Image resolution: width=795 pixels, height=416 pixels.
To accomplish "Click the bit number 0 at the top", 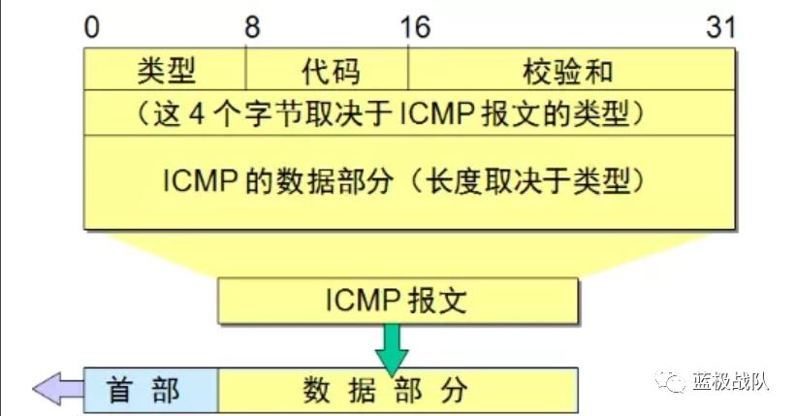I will pos(91,27).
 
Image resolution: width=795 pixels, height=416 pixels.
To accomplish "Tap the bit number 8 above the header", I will pos(251,27).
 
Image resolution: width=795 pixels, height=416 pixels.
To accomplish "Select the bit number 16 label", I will pos(414,27).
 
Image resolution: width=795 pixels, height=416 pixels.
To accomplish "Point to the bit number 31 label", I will pos(720,27).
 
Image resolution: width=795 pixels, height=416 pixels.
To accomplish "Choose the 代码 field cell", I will pos(327,71).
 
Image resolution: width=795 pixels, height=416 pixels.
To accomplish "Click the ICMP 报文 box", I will pos(398,301).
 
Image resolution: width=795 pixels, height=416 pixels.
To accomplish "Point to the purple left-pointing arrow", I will pos(57,390).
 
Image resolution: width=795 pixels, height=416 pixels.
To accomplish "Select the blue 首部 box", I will pos(150,390).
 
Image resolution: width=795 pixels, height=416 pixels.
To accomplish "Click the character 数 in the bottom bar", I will pos(316,390).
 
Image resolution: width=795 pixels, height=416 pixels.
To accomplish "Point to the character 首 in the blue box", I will pos(122,390).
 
